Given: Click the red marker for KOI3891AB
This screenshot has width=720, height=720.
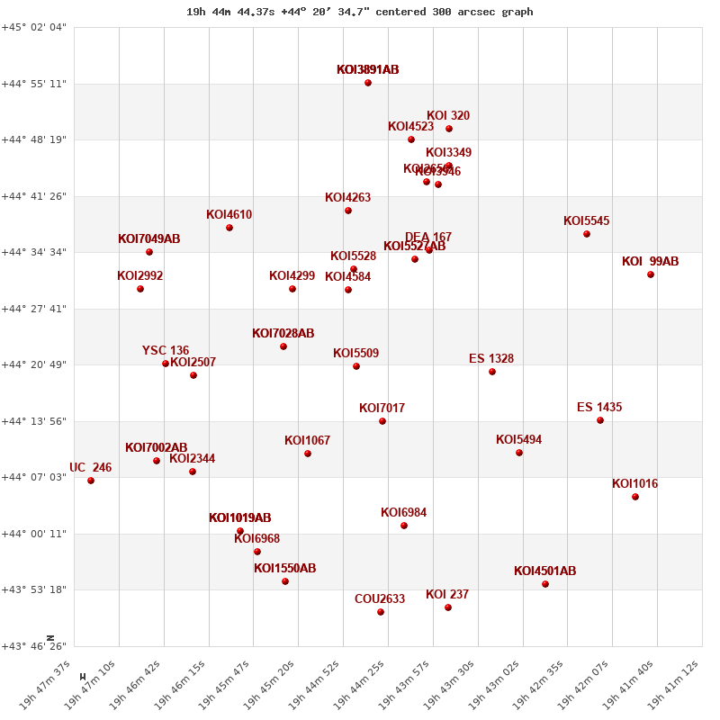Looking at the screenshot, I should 368,83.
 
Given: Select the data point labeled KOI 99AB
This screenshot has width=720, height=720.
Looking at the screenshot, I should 651,274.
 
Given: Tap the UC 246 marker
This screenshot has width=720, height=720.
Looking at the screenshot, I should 91,481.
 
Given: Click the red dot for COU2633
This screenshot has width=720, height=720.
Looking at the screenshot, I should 381,612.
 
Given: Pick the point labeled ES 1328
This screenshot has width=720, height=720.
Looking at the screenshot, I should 492,372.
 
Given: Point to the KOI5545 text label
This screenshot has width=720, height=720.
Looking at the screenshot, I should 586,221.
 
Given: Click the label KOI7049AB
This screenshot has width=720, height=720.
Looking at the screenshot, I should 149,239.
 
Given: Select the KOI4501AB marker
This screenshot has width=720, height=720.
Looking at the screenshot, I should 545,584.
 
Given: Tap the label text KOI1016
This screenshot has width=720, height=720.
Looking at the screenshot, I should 634,484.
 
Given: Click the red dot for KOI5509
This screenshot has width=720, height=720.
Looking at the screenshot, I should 356,366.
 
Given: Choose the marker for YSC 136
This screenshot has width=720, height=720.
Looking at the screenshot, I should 166,364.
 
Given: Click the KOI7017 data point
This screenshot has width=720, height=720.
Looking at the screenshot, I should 382,421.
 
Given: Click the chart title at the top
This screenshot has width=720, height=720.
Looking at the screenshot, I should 360,12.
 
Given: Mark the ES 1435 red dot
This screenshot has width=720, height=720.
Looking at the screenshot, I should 600,420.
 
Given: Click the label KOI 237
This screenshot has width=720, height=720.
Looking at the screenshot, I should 447,595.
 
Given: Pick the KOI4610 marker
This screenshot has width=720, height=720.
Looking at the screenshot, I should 229,228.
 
